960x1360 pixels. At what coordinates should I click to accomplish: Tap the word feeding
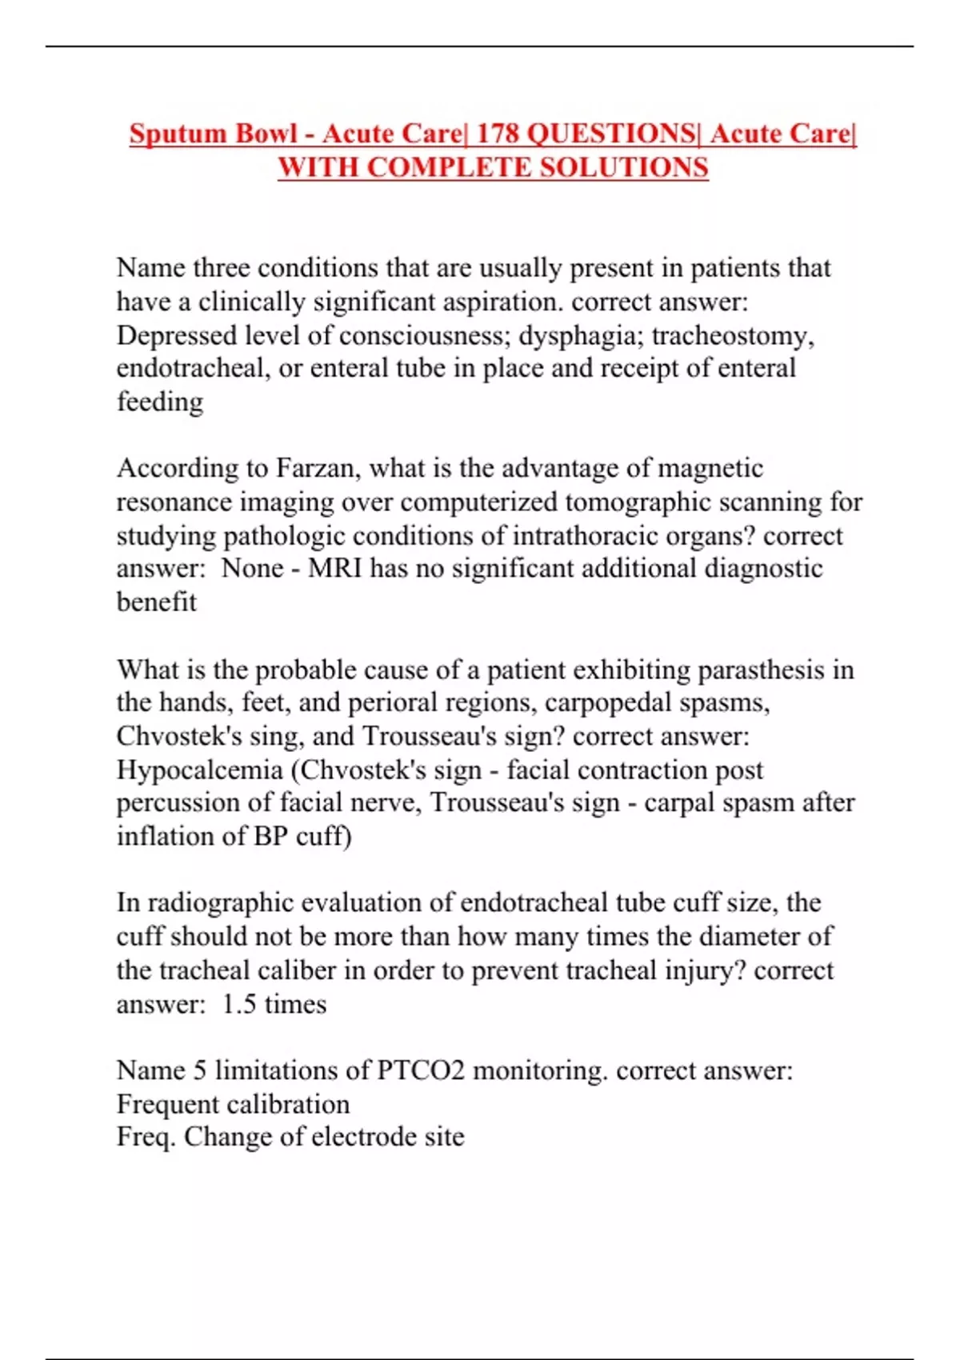coord(160,402)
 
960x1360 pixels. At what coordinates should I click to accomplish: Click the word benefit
coord(156,602)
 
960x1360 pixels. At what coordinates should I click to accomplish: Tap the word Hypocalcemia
coord(200,770)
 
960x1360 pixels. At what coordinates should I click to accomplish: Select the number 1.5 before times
coord(239,1004)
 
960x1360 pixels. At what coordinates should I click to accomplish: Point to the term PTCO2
coord(420,1070)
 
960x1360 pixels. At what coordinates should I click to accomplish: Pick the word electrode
coord(364,1137)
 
